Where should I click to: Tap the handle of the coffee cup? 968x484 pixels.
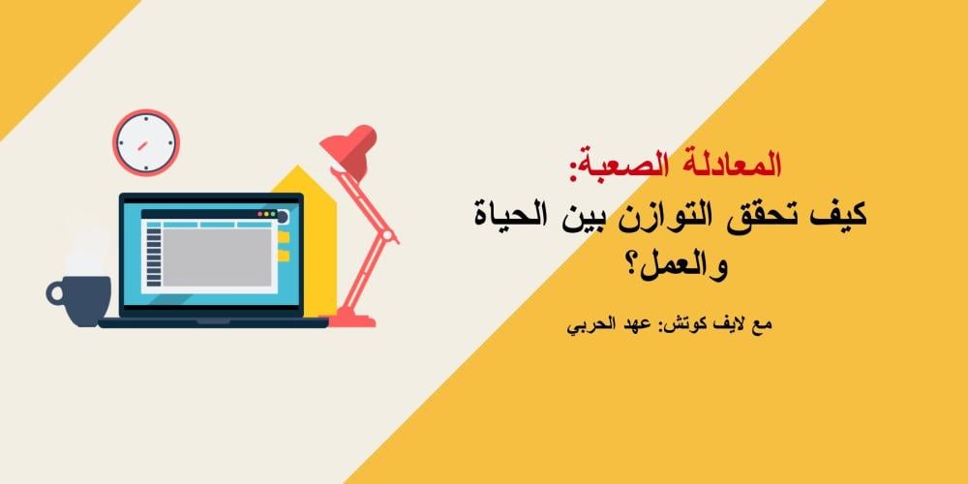pos(55,290)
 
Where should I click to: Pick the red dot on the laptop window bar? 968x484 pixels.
pos(261,213)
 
